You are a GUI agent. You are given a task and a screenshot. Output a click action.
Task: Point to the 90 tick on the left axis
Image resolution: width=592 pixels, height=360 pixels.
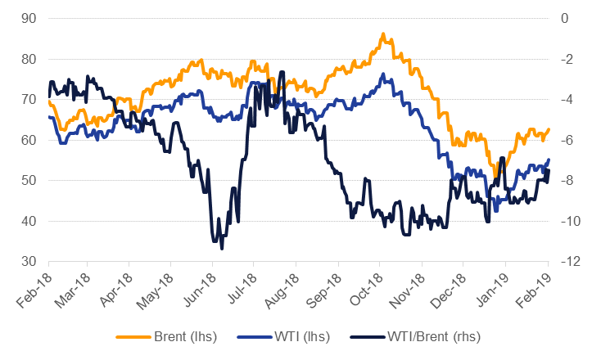(28, 18)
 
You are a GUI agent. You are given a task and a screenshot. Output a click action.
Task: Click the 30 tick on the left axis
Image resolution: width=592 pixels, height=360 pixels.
(28, 261)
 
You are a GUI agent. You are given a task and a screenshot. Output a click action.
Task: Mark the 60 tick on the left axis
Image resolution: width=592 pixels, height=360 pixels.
(28, 140)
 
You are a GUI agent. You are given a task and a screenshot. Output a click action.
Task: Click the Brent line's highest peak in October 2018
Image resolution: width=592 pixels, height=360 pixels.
(382, 34)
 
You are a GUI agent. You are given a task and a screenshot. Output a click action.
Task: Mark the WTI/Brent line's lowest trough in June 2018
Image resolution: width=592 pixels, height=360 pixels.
(221, 248)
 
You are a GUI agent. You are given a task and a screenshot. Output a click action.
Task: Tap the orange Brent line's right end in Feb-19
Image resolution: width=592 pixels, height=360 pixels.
(549, 128)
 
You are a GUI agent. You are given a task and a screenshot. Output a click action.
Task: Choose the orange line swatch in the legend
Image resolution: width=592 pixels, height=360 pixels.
(134, 335)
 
